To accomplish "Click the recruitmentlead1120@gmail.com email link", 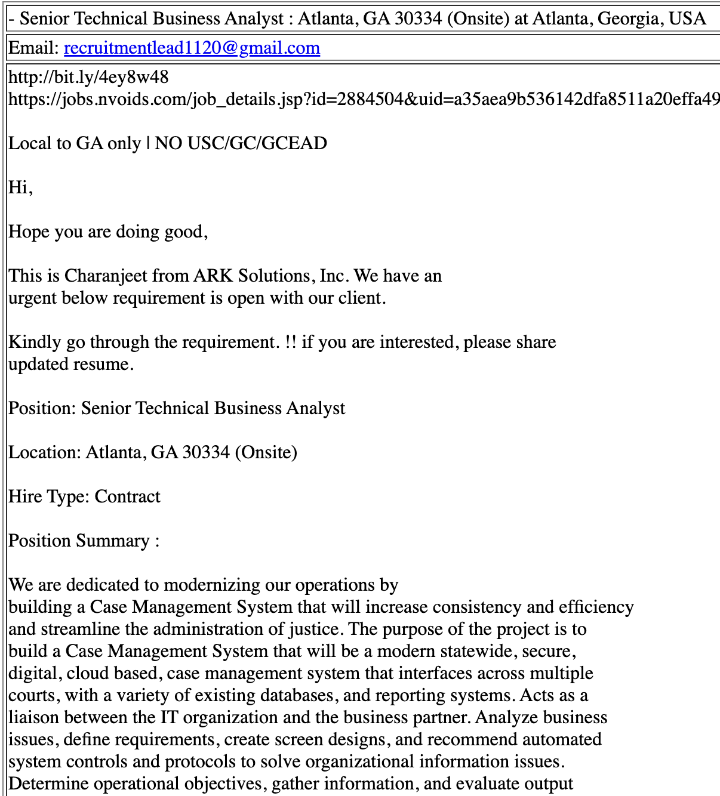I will pos(192,48).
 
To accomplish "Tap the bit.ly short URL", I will pos(88,77).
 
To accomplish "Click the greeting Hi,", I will pos(20,187).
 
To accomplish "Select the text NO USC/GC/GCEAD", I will pos(241,143).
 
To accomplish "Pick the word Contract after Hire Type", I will pos(127,496).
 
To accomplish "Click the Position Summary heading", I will pos(84,541).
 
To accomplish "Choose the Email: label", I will pos(35,48).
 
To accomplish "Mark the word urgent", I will pos(33,298).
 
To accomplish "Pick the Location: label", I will pos(45,452).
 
